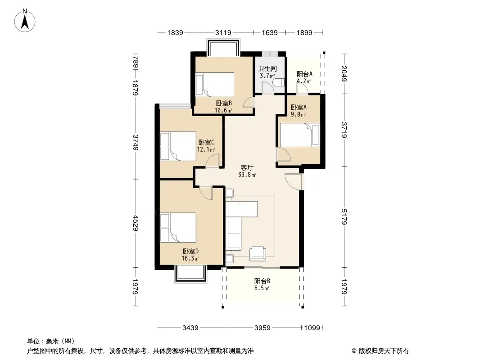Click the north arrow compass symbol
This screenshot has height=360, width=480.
(x=26, y=20)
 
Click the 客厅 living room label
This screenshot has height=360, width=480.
(x=247, y=167)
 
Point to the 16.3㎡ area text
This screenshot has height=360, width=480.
(x=190, y=258)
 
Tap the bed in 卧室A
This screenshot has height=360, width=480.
(x=299, y=135)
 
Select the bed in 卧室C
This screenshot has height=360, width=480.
(x=178, y=146)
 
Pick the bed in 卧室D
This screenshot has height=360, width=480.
(x=178, y=228)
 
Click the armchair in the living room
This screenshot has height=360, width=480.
(x=258, y=253)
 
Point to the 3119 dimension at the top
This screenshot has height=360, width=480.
(x=223, y=32)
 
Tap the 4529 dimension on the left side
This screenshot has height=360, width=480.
(x=136, y=223)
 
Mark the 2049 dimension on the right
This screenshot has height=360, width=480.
(x=344, y=73)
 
